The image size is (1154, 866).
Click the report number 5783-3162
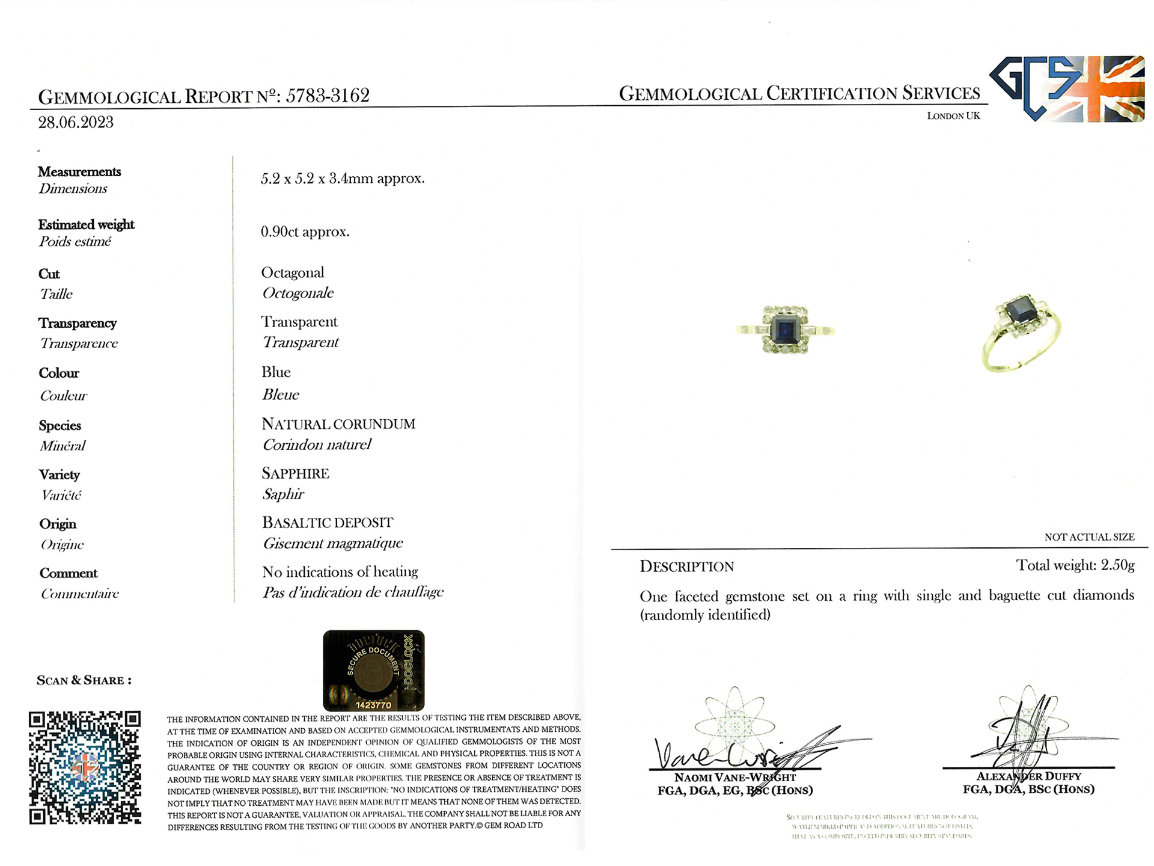tap(327, 96)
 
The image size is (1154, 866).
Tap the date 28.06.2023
tap(76, 123)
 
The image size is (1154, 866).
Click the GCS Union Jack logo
tap(1067, 89)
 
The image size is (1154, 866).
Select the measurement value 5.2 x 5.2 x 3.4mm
tap(342, 179)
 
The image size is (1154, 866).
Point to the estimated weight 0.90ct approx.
tap(305, 232)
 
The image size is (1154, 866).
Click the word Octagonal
tap(292, 272)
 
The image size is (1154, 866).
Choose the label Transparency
tap(78, 323)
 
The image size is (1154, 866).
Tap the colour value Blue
tap(276, 372)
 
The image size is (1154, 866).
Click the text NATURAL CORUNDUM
tap(338, 424)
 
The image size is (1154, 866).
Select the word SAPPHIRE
tap(295, 473)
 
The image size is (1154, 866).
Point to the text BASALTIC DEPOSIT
tap(327, 523)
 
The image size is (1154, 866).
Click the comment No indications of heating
tap(340, 572)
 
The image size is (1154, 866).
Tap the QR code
tap(85, 767)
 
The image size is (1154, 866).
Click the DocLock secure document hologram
tap(373, 671)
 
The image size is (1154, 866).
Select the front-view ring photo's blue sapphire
tap(784, 329)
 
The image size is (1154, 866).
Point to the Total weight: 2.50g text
tap(1075, 565)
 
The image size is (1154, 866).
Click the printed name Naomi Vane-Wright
tap(734, 778)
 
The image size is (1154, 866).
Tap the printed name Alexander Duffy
tap(1028, 776)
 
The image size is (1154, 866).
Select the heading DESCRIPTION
tap(686, 567)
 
